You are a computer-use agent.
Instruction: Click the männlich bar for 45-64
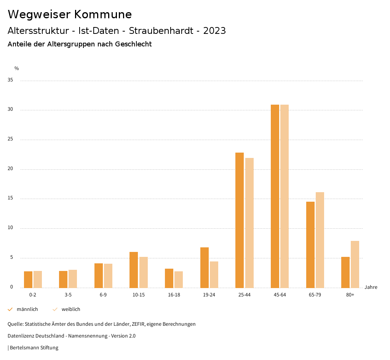[275, 196]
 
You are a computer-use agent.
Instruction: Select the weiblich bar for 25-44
[249, 223]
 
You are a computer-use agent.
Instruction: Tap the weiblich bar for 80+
[355, 264]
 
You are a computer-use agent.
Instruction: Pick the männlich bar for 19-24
[205, 268]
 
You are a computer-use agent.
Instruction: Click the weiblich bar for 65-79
[320, 240]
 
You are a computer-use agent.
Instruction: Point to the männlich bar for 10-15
[134, 270]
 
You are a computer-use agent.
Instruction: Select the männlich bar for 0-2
[28, 279]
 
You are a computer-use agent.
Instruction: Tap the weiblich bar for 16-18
[179, 279]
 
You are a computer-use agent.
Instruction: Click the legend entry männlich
[27, 309]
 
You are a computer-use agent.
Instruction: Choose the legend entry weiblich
[71, 309]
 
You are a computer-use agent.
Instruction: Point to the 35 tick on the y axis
[10, 80]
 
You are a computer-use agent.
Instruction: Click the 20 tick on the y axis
[10, 169]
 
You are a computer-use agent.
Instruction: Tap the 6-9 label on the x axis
[103, 295]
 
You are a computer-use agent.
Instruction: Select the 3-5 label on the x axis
[68, 295]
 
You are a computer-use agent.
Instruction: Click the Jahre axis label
[371, 287]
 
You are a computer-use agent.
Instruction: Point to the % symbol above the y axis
[16, 68]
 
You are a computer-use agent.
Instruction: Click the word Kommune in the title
[103, 14]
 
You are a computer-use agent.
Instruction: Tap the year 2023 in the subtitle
[214, 31]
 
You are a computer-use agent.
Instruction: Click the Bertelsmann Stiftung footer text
[34, 348]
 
